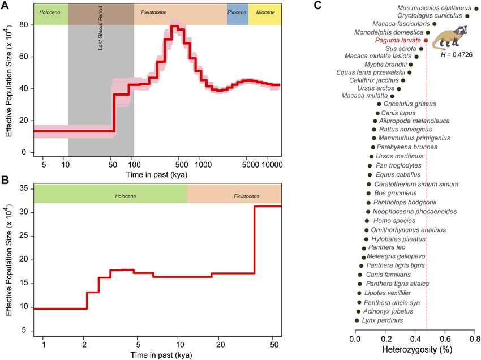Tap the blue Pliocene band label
(x=237, y=12)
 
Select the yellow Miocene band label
(x=264, y=12)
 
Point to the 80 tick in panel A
(x=23, y=25)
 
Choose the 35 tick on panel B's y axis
(x=23, y=188)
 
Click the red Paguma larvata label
(x=398, y=41)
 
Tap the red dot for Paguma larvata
(x=426, y=41)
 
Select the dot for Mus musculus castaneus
(x=476, y=8)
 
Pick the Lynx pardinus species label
(x=384, y=320)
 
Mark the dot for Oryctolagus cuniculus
(x=467, y=16)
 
